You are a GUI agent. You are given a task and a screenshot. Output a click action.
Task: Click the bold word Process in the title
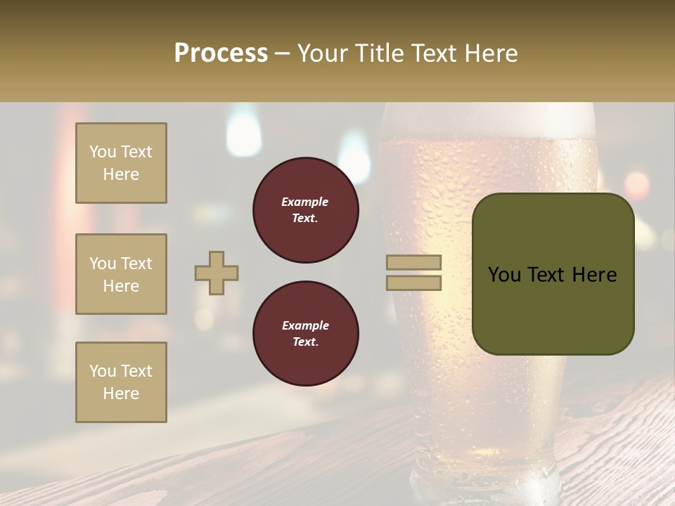221,53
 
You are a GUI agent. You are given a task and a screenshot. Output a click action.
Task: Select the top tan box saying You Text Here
121,163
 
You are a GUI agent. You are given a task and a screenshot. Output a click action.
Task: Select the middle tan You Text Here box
121,274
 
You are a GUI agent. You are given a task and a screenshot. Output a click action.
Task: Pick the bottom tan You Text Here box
121,382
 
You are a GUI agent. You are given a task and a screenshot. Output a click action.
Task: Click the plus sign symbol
217,273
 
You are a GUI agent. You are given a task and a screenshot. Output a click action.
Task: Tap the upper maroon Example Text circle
305,210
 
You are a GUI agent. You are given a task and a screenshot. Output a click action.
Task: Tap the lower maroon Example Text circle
305,334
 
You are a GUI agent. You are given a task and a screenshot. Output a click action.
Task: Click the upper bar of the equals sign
414,263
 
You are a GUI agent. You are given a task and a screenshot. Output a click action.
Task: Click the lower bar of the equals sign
414,283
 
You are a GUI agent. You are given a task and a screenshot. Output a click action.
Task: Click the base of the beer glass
485,485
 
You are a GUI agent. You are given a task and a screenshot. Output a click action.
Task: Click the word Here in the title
491,53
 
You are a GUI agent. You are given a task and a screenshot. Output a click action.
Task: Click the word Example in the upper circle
305,202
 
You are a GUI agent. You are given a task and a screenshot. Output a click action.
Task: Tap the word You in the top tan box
101,152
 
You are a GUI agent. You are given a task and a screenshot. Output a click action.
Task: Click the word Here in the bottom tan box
121,394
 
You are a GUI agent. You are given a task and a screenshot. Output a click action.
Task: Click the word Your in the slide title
324,53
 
